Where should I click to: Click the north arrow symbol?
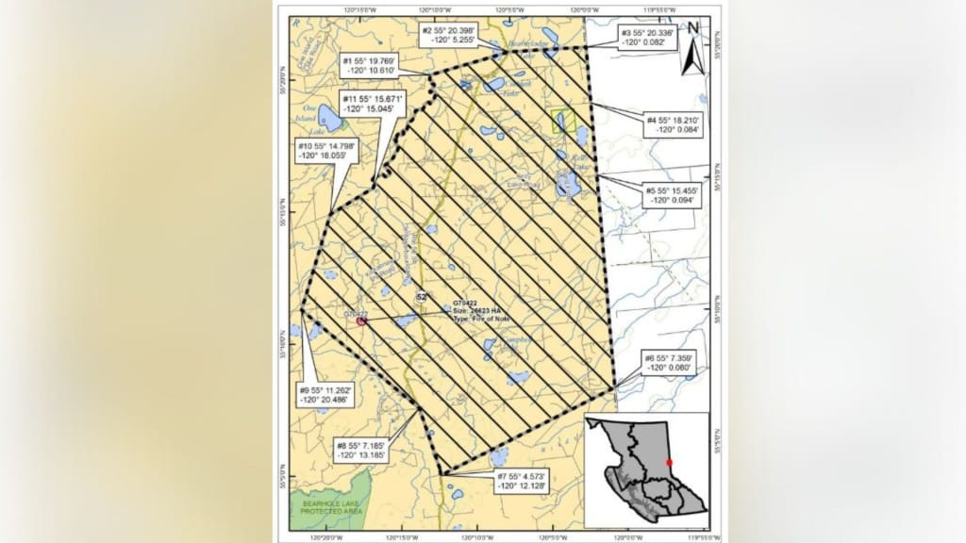pos(693,47)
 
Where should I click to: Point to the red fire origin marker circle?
pos(360,321)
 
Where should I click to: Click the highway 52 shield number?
pos(422,297)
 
